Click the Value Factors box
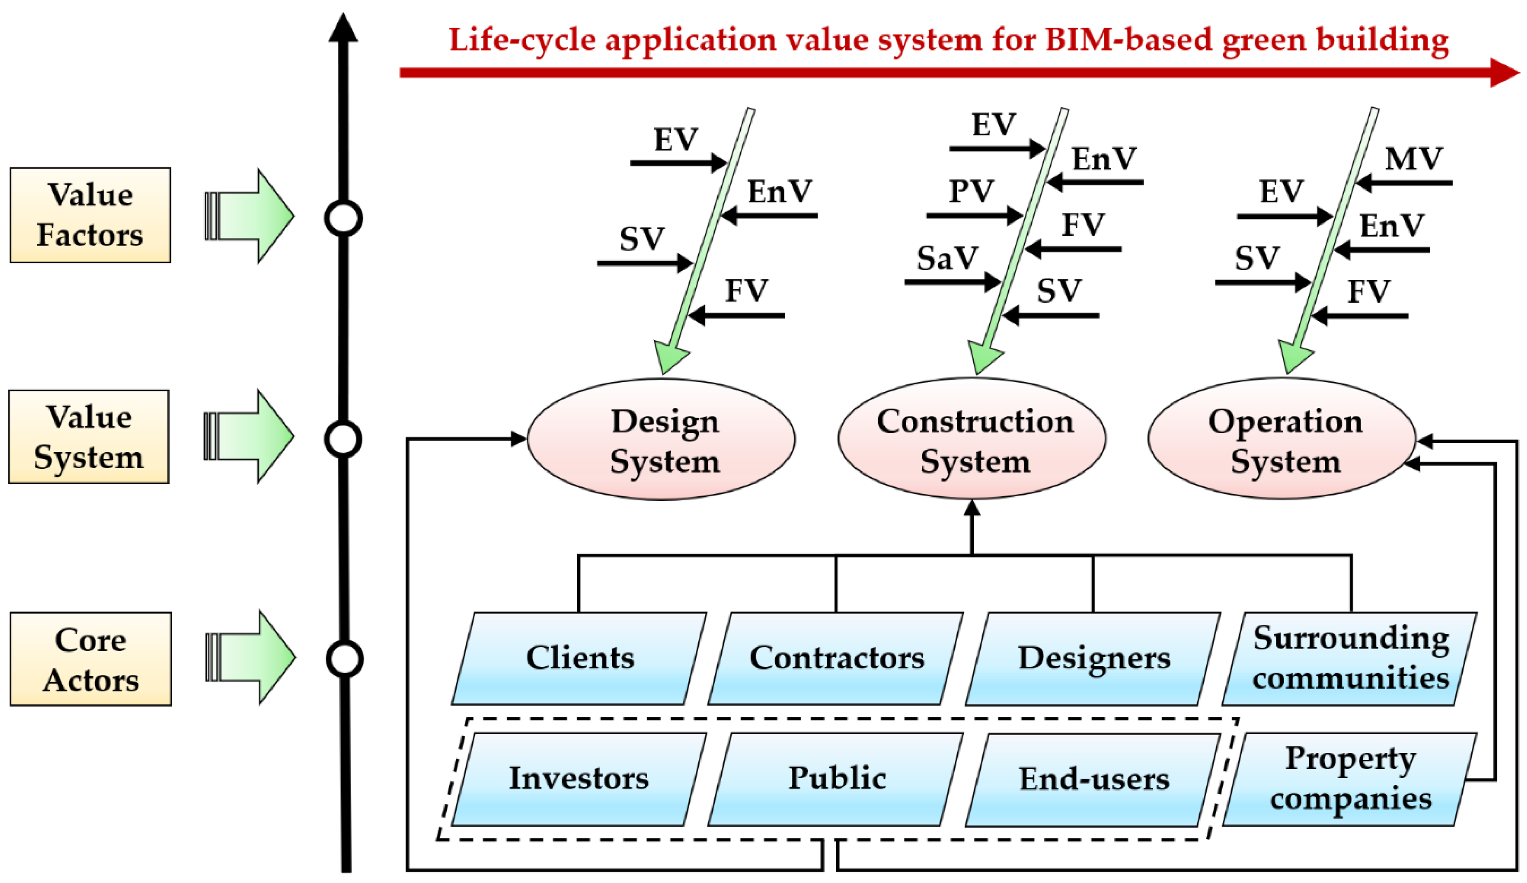coord(90,215)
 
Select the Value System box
coord(88,437)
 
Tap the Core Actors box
coord(91,659)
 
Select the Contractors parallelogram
coord(836,658)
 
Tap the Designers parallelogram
coord(1093,658)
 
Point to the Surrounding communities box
coord(1350,658)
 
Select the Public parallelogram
coord(836,779)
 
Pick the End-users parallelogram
coord(1093,779)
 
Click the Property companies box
coord(1350,779)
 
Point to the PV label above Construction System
coord(971,192)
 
